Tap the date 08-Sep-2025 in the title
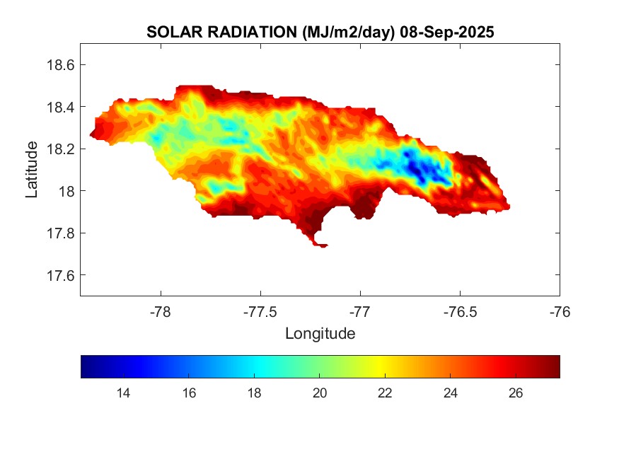446,33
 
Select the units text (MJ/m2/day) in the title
347,33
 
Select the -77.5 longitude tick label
260,311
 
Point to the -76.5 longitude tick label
460,311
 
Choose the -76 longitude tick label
560,311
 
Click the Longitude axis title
320,333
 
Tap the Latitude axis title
32,170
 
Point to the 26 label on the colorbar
515,393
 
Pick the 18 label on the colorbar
254,393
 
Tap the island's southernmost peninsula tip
322,245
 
